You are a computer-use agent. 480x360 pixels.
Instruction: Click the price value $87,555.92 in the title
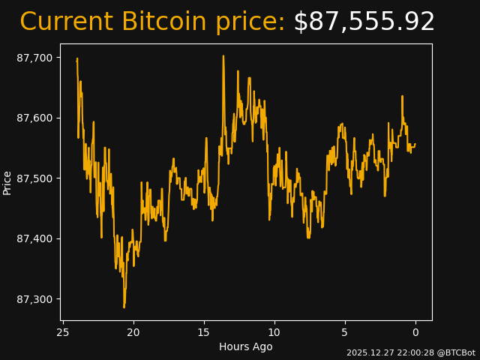click(x=364, y=22)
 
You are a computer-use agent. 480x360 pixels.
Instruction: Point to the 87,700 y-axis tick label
click(x=35, y=58)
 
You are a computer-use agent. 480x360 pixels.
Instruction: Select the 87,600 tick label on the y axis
click(x=35, y=118)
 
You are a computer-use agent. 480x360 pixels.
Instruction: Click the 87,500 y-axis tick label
click(x=35, y=178)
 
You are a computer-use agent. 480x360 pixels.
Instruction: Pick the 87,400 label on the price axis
click(x=35, y=238)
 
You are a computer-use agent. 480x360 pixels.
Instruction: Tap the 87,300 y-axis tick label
click(x=35, y=299)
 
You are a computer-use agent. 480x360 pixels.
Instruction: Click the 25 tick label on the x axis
click(x=63, y=332)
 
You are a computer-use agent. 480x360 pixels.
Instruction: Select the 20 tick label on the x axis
click(x=133, y=332)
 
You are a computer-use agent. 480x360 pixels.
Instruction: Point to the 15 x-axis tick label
click(x=204, y=332)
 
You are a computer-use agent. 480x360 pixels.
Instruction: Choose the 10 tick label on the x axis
click(x=274, y=332)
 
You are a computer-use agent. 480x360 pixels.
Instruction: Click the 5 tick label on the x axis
click(x=345, y=332)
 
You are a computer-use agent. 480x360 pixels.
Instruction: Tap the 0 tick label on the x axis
click(x=415, y=332)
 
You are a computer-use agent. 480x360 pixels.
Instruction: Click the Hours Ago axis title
click(x=246, y=346)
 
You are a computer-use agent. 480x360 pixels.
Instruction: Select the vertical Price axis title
click(x=7, y=182)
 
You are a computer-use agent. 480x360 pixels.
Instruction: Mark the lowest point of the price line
click(x=124, y=307)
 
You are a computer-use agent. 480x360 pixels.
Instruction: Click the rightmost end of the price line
click(x=415, y=144)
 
